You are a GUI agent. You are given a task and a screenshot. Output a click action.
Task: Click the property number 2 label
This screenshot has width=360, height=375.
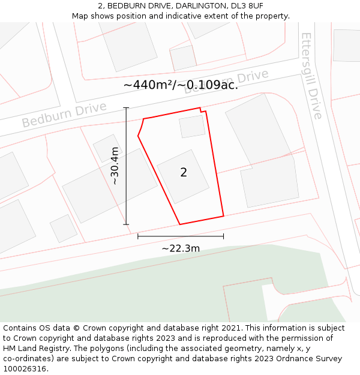coord(184,173)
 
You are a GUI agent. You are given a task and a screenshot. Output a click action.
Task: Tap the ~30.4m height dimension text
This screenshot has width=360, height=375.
coord(114,166)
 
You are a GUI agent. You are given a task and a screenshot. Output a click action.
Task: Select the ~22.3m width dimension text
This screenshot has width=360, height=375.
coord(181,248)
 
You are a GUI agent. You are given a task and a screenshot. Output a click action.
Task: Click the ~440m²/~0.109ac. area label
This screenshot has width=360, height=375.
coord(181,85)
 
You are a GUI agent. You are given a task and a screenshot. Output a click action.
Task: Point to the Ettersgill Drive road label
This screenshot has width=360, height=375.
coord(312,76)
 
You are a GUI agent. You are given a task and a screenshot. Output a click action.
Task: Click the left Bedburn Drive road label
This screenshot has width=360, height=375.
coord(64,114)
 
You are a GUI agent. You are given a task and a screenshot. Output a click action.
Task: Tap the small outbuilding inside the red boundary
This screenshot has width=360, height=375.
coord(192,127)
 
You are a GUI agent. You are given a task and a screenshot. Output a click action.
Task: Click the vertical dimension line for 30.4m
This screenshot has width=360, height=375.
coord(126,180)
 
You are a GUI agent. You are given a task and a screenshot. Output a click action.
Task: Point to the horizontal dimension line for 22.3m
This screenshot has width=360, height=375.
coord(181,236)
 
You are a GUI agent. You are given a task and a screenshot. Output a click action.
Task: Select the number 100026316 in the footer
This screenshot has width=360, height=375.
coord(26,368)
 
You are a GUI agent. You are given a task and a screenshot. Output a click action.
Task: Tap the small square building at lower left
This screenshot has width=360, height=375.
coord(63,228)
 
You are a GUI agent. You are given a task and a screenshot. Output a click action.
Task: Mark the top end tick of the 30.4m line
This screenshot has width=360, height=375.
coord(126,107)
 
